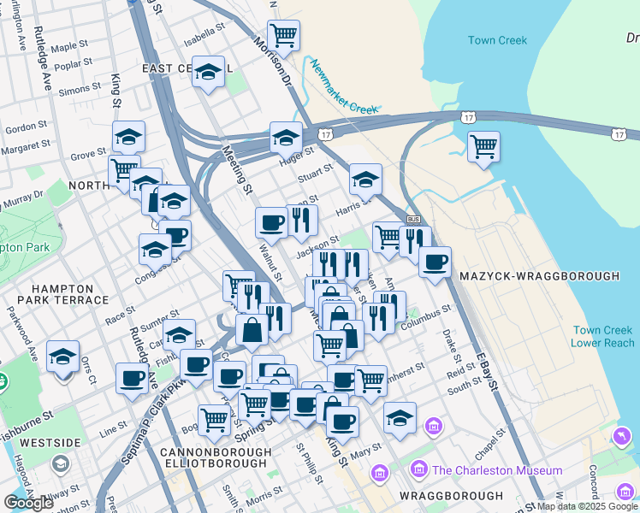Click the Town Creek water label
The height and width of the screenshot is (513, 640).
pos(497,40)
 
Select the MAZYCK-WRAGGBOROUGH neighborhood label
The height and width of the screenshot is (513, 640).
pos(539,277)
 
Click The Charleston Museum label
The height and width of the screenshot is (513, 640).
pos(497,470)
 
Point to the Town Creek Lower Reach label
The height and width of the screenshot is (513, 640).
pos(603,337)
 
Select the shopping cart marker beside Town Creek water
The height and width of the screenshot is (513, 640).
pos(484,148)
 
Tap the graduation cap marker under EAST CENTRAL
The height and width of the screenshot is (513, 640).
pos(208,74)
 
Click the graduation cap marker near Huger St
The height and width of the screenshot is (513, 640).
pos(286,138)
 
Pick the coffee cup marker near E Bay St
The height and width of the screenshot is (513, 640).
pos(435,262)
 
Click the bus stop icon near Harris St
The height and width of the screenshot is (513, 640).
pos(413,220)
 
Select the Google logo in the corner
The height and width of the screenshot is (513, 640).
pos(29,502)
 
